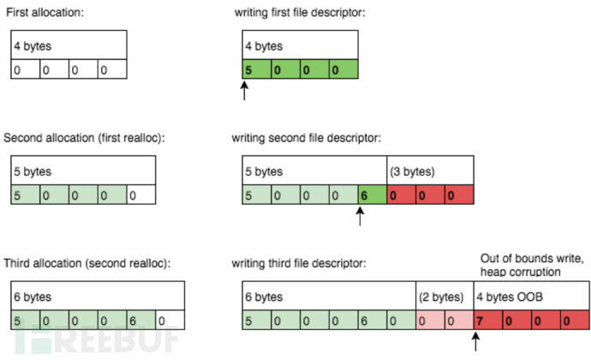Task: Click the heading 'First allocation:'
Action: pos(45,13)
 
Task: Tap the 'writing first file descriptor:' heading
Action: pos(300,13)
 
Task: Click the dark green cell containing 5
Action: pos(256,69)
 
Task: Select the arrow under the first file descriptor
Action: pos(244,91)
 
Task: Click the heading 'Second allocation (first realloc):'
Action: pos(84,138)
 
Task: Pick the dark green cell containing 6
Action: pos(373,195)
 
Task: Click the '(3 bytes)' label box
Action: pos(430,171)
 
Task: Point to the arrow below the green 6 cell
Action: pos(360,217)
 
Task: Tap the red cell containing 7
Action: pos(488,320)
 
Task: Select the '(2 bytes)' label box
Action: pos(445,297)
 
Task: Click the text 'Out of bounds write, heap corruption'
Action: pos(531,265)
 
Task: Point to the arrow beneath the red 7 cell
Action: pos(475,342)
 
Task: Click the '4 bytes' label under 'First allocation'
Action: pos(33,46)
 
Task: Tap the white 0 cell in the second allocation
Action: pos(141,195)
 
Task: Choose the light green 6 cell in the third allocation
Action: pos(141,320)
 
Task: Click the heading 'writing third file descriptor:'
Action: pos(299,263)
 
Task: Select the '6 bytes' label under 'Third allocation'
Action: pos(33,297)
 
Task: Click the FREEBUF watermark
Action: pos(97,338)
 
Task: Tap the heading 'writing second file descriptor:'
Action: pos(306,138)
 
